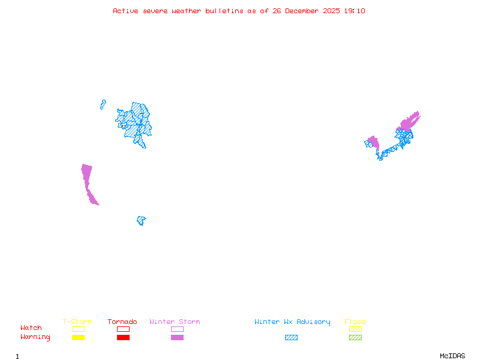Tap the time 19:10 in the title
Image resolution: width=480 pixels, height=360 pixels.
(355, 11)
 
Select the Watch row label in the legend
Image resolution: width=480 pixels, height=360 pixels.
(31, 328)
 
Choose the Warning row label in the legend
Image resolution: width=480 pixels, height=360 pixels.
(35, 337)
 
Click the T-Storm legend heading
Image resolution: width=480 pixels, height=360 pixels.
(77, 322)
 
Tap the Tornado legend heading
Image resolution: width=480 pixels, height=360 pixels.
(122, 322)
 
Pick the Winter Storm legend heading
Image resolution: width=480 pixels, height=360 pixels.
(175, 322)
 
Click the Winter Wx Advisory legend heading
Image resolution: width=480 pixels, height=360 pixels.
(292, 322)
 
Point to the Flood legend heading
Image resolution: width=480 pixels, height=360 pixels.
(355, 322)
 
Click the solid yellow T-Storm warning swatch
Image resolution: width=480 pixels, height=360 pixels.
(78, 337)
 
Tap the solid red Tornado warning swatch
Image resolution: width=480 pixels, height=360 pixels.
(123, 337)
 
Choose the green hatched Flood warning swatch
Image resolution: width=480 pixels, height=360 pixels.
(355, 337)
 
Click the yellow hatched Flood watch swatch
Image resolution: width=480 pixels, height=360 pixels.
(355, 329)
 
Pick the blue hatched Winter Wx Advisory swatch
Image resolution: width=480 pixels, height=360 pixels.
(291, 337)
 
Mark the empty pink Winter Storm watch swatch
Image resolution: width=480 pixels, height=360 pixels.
(177, 329)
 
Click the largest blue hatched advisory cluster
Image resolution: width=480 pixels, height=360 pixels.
(136, 123)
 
